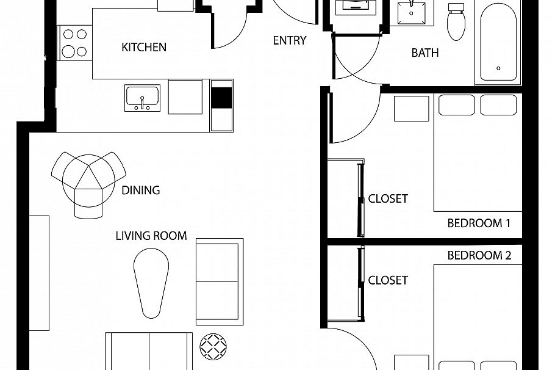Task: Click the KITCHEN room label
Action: (x=144, y=47)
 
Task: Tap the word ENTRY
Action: (x=290, y=40)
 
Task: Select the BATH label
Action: (x=424, y=53)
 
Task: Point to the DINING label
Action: (x=140, y=190)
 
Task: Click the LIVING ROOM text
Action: (x=151, y=236)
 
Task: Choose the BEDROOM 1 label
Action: (x=479, y=223)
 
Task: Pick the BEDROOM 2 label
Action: (x=479, y=256)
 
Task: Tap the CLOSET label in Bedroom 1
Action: (x=388, y=199)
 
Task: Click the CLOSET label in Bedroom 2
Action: (x=388, y=280)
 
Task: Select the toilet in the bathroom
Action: (x=456, y=22)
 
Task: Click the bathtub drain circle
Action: (x=498, y=68)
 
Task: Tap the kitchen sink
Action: (x=142, y=98)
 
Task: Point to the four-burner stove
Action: (x=74, y=43)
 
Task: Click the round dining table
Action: (x=88, y=181)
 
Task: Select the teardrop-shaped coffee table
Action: (x=151, y=283)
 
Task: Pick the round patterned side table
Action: (x=213, y=346)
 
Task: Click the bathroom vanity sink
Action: (x=411, y=13)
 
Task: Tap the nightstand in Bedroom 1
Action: (x=411, y=109)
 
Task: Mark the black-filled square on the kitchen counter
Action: (x=221, y=98)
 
